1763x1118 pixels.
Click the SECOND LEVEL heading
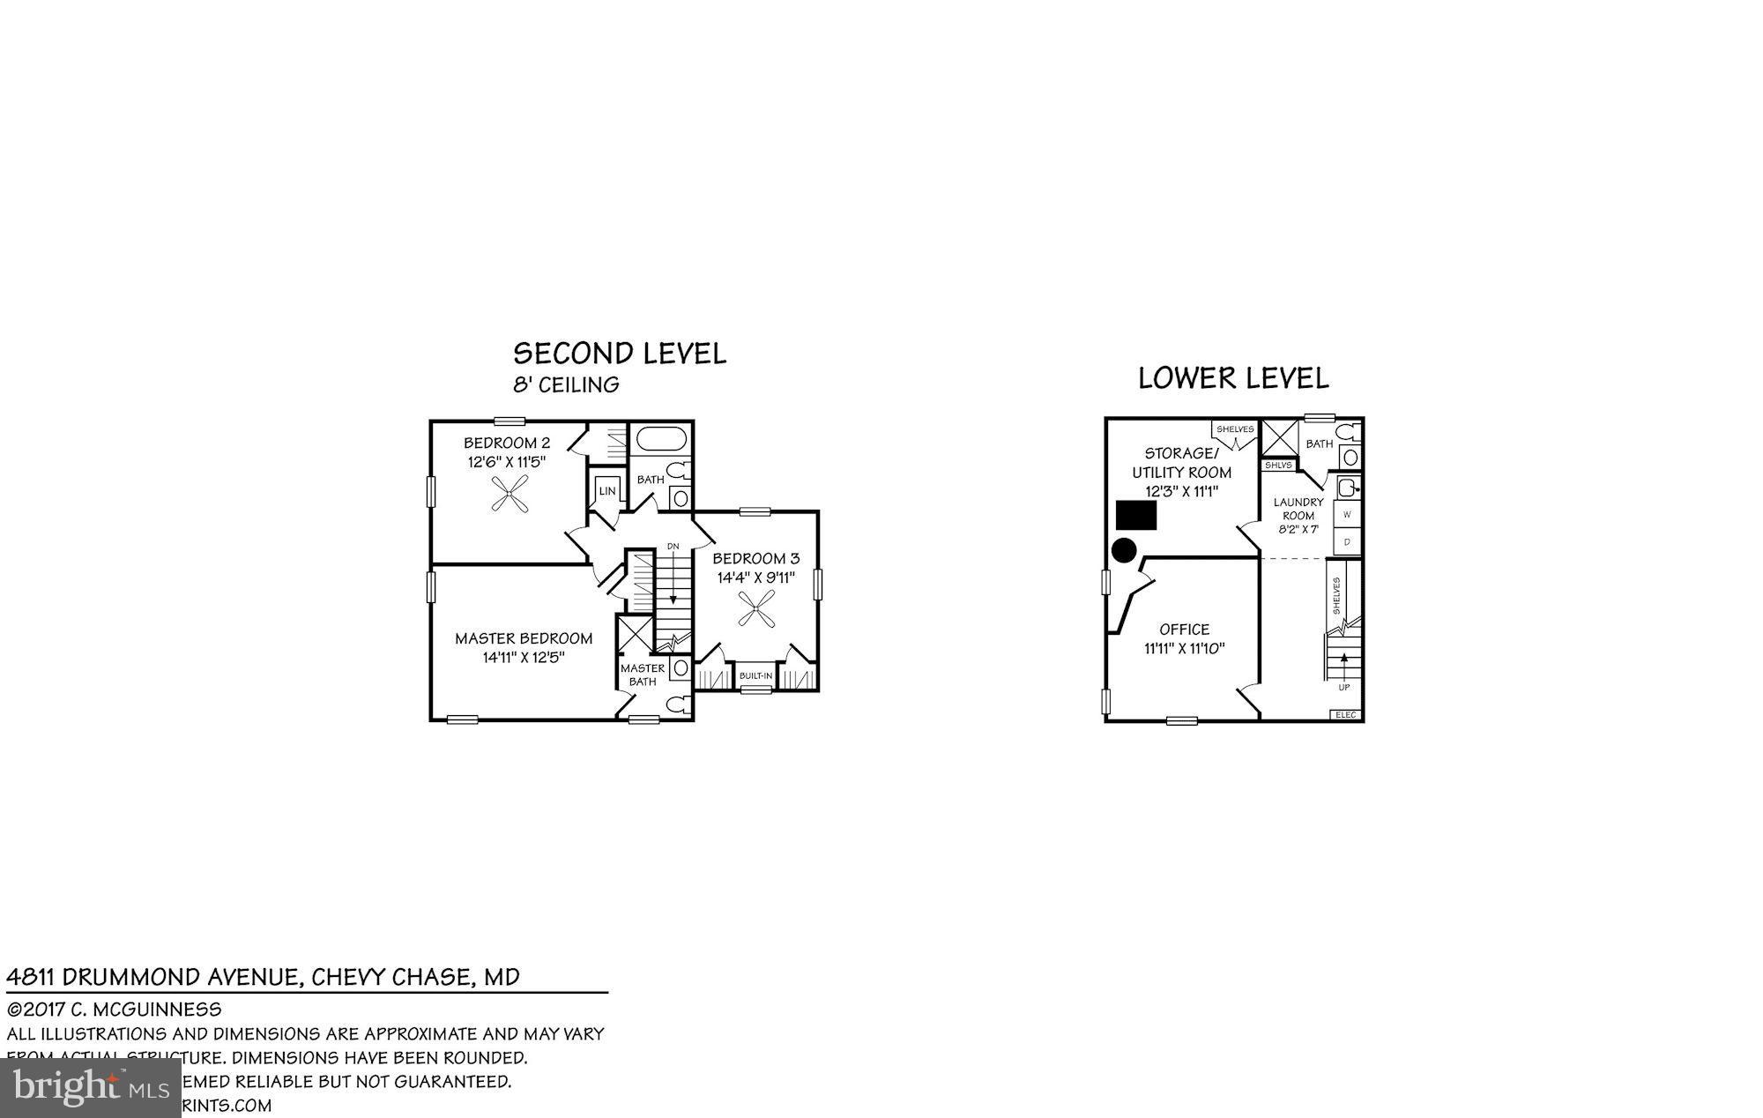click(x=620, y=354)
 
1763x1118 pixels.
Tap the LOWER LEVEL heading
click(x=1233, y=378)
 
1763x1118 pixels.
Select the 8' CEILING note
click(x=566, y=384)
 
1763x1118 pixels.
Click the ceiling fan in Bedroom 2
click(x=509, y=494)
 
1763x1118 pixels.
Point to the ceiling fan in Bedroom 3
click(x=756, y=609)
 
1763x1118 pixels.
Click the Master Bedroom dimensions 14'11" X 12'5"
click(x=524, y=658)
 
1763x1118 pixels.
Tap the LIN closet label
click(x=606, y=491)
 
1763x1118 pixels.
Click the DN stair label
click(x=673, y=547)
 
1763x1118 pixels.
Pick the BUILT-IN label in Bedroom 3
click(x=755, y=676)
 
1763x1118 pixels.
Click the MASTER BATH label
click(x=643, y=675)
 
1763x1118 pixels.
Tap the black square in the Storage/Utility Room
click(x=1136, y=515)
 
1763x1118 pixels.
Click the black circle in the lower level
click(x=1123, y=551)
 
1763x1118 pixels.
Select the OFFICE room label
click(x=1184, y=629)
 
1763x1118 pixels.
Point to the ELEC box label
click(x=1345, y=715)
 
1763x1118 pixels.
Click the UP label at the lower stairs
click(x=1343, y=687)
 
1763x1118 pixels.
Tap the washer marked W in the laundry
click(x=1347, y=513)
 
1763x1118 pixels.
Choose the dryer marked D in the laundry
click(x=1347, y=541)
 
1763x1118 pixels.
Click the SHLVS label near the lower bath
click(x=1278, y=465)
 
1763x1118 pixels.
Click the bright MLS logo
click(x=91, y=1087)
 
